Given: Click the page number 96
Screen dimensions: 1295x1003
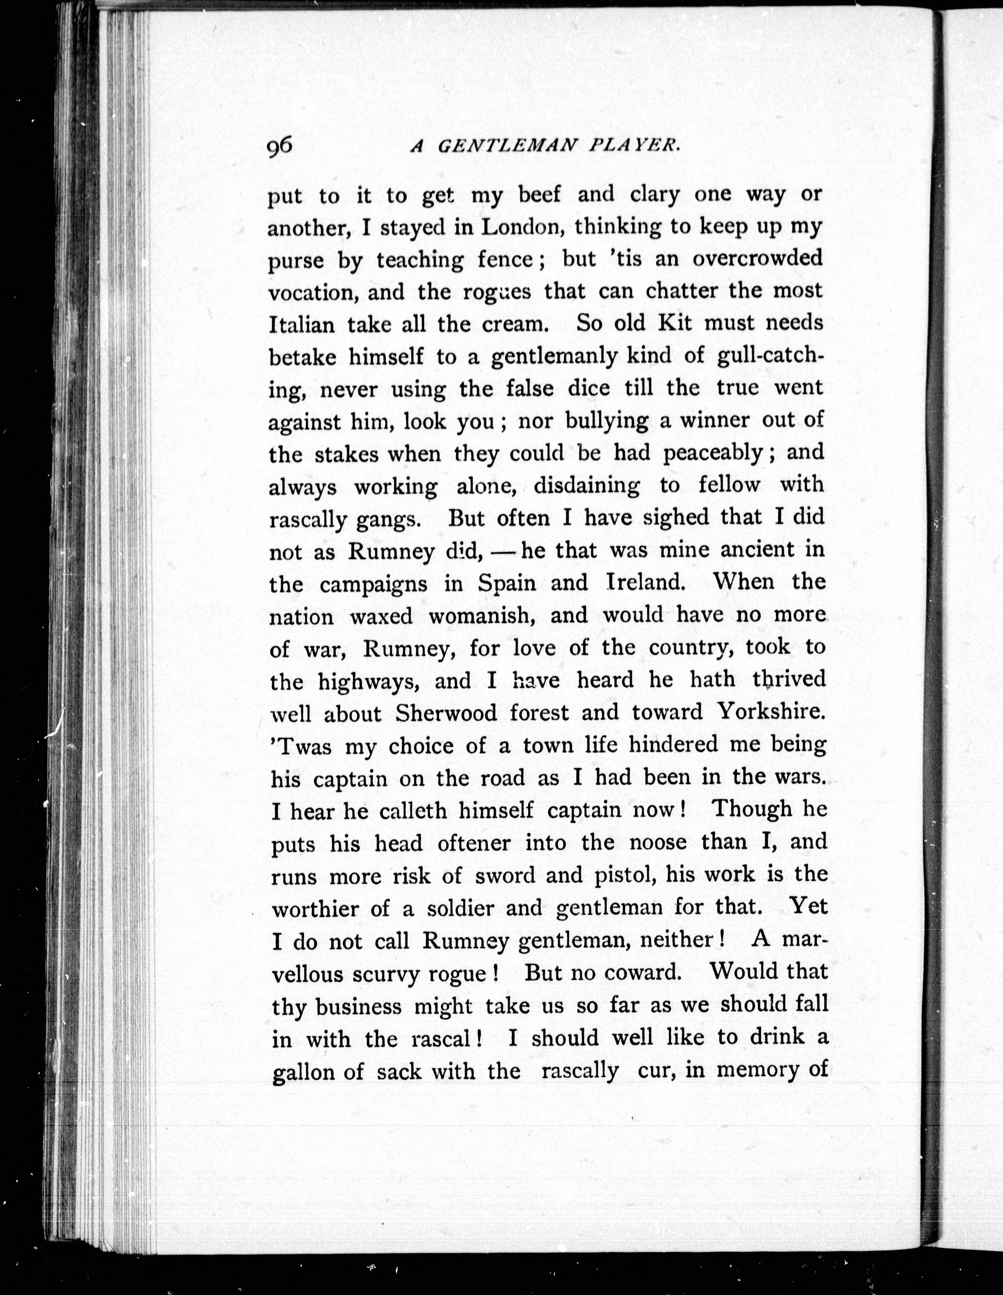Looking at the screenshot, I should pyautogui.click(x=279, y=146).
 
